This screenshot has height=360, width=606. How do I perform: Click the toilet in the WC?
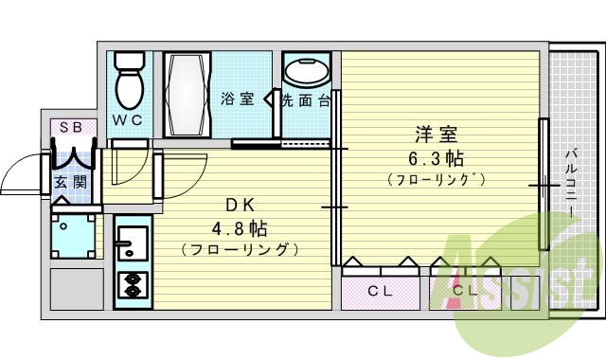click(128, 82)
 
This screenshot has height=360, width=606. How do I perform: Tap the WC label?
click(129, 120)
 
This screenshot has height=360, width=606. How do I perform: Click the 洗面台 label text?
click(304, 99)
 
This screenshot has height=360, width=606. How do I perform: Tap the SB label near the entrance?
click(71, 127)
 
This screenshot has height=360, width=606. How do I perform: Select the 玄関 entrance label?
click(64, 182)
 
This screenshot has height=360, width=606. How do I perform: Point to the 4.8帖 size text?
click(238, 228)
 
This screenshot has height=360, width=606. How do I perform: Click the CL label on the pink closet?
click(381, 290)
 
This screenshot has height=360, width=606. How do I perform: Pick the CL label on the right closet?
click(465, 290)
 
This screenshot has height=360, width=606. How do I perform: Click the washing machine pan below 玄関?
click(73, 237)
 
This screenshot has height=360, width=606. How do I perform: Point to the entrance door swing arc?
click(19, 175)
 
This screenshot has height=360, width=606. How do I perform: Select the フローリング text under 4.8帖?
click(240, 250)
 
